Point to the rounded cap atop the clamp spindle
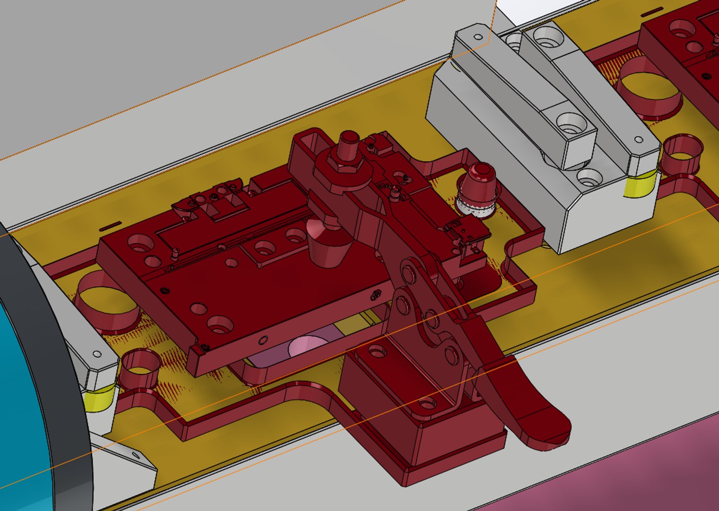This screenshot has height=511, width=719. point(349,139)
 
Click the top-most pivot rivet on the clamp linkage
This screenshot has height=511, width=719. point(408,273)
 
